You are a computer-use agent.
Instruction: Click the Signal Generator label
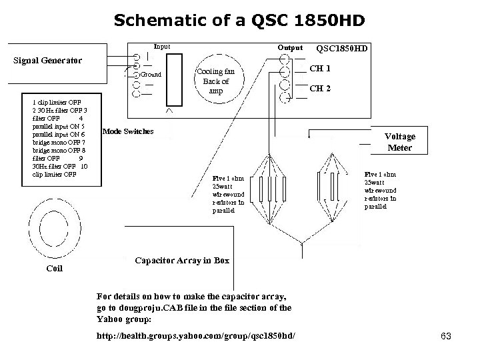tap(48, 61)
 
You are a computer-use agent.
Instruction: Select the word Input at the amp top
tap(162, 47)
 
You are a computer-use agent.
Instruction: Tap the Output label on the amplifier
tap(290, 48)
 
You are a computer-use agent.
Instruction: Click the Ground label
tap(151, 75)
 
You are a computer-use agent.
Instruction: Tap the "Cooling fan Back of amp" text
tap(215, 80)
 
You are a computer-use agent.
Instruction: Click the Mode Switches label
tap(127, 131)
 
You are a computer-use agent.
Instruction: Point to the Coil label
tap(54, 269)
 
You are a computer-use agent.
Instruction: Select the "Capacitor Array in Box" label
tap(181, 260)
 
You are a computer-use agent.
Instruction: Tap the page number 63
tap(446, 337)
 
